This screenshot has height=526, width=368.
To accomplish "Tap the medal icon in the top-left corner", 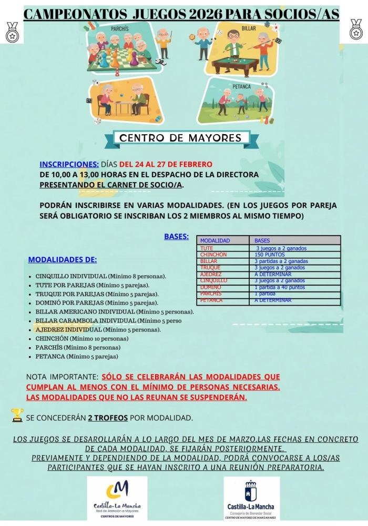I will (x=12, y=32).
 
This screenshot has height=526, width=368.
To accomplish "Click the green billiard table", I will (x=235, y=61).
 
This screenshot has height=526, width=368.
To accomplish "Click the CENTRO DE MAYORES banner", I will (x=180, y=138).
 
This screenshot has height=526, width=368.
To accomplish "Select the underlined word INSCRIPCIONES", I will (x=69, y=164).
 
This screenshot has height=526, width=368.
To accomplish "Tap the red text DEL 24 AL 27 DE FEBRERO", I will (x=166, y=164).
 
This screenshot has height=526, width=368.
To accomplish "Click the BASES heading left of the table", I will (x=176, y=237).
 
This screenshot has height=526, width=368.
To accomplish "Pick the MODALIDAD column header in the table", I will (x=215, y=241).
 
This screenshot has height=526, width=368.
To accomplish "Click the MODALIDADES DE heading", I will (x=62, y=259).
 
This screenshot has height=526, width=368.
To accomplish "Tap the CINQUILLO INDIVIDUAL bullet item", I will (x=100, y=276).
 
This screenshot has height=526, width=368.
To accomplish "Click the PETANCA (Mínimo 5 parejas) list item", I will (x=77, y=357).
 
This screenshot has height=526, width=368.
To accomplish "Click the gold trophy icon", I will (x=17, y=416).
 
